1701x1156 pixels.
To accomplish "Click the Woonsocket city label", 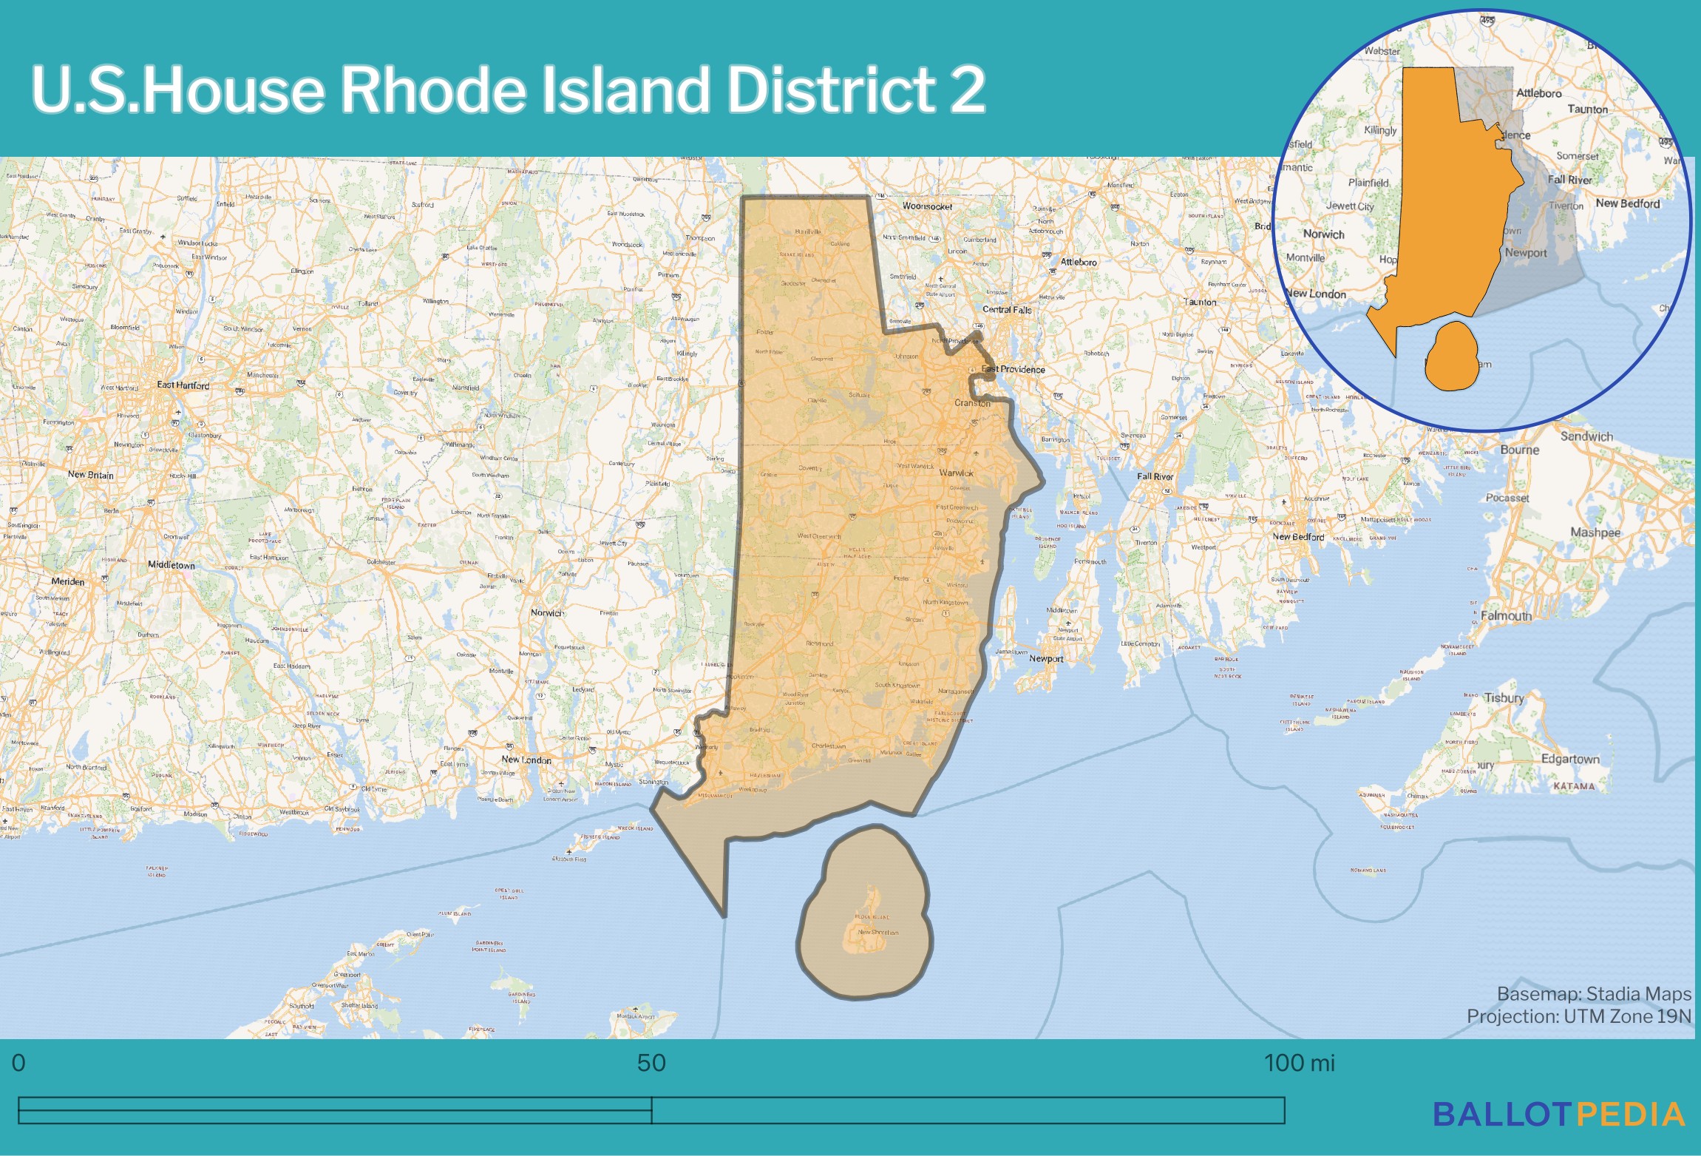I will click(927, 206).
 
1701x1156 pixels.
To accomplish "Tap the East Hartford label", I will click(183, 385).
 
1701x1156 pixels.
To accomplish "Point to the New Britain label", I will click(90, 475).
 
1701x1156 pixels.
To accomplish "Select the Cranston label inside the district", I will click(972, 403).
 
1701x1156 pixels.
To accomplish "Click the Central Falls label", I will click(1007, 310).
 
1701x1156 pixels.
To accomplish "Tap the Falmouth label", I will click(1506, 615).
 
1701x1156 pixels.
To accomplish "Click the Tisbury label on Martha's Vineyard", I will click(1504, 697).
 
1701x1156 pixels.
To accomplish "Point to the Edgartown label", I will click(1570, 759).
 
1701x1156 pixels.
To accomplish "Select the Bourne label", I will click(1519, 450).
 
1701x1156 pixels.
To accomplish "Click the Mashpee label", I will click(1595, 533).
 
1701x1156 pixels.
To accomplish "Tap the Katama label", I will click(1574, 786).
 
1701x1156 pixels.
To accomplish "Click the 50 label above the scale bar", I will click(651, 1063).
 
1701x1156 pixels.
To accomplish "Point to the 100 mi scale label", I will click(1299, 1063).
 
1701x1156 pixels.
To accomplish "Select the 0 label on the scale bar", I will click(18, 1063).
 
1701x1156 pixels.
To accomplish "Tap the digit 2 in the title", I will click(967, 89).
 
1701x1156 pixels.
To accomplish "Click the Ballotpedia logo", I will click(1558, 1115).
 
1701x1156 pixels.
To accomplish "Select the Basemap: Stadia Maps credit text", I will click(1594, 993).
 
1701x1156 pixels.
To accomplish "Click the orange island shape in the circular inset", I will click(1451, 356).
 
